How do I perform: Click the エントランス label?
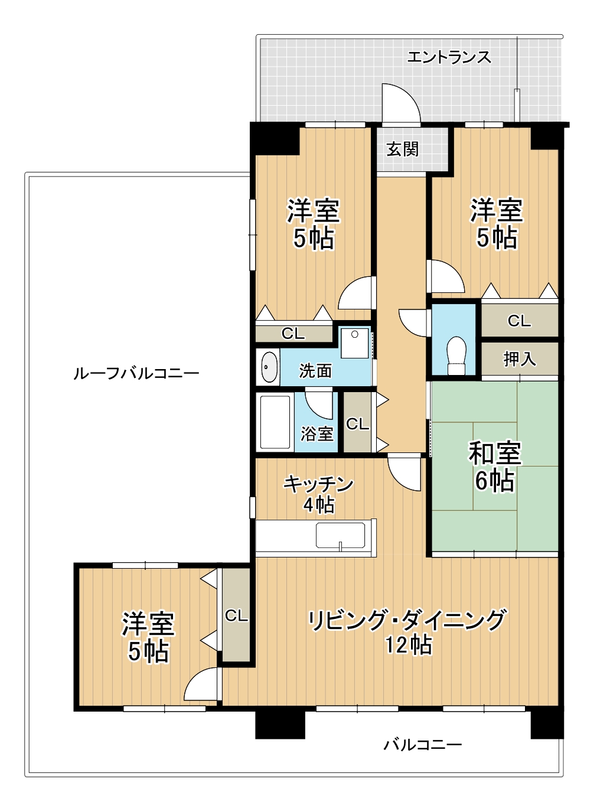[449, 57]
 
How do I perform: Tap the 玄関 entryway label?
[402, 149]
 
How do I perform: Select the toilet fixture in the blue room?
[456, 356]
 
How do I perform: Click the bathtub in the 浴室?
[276, 422]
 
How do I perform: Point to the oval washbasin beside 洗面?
[269, 367]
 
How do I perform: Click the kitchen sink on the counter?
[340, 535]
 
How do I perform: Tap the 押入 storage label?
[520, 358]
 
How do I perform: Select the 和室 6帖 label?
[495, 466]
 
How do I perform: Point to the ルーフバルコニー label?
[136, 374]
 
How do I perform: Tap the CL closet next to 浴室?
[357, 422]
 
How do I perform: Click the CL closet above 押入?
[520, 321]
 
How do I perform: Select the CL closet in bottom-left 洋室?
[236, 615]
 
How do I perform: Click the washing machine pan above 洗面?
[354, 344]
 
